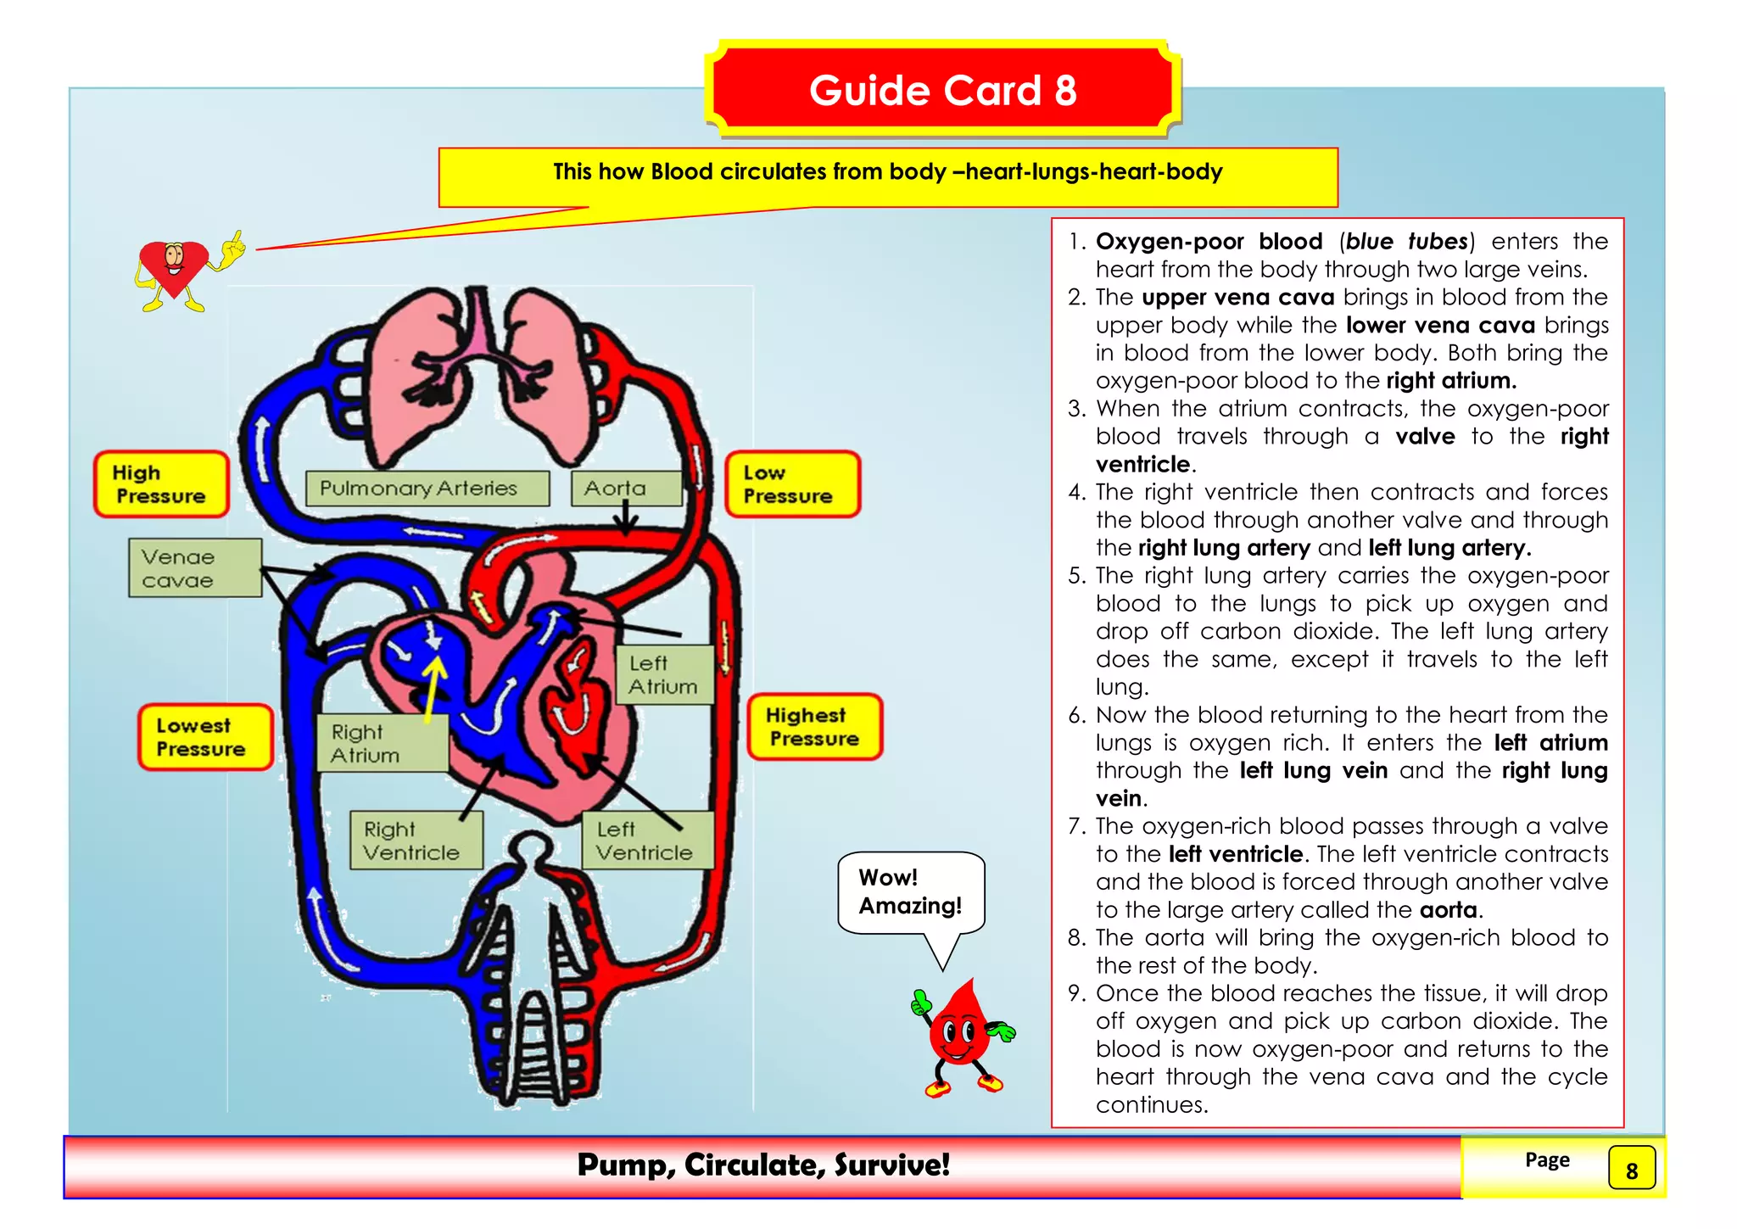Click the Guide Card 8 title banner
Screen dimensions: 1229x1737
[x=942, y=90]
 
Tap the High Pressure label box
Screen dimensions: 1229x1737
[x=161, y=484]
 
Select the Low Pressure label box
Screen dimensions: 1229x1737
[x=792, y=484]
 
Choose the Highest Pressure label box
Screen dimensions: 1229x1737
[x=814, y=727]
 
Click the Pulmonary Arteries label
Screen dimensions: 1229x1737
[x=427, y=489]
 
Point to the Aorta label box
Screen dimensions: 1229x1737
[x=625, y=489]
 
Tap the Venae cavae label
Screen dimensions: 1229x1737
[x=194, y=568]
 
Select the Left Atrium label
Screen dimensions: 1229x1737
[x=663, y=675]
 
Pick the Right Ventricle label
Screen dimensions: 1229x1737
[x=416, y=841]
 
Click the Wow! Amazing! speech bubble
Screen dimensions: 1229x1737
[x=910, y=892]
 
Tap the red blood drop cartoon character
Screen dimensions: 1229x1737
[x=959, y=1036]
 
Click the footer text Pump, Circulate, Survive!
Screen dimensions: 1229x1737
[x=763, y=1165]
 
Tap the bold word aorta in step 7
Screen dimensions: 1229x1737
[x=1449, y=910]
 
